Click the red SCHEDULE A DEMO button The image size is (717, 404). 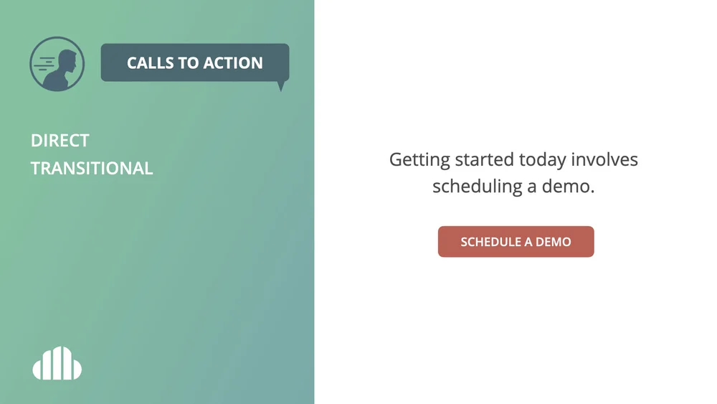point(516,242)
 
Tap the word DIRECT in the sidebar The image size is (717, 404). point(60,141)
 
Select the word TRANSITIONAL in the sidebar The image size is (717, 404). point(92,169)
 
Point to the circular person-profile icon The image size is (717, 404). point(57,64)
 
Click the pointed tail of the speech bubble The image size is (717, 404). point(280,87)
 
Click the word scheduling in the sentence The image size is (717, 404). point(477,187)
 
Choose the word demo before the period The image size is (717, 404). point(570,187)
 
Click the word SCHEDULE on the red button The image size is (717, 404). point(490,242)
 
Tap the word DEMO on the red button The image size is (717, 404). point(554,242)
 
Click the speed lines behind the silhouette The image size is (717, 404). point(47,64)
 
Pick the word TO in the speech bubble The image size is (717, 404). point(189,63)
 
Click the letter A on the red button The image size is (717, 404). point(529,242)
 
